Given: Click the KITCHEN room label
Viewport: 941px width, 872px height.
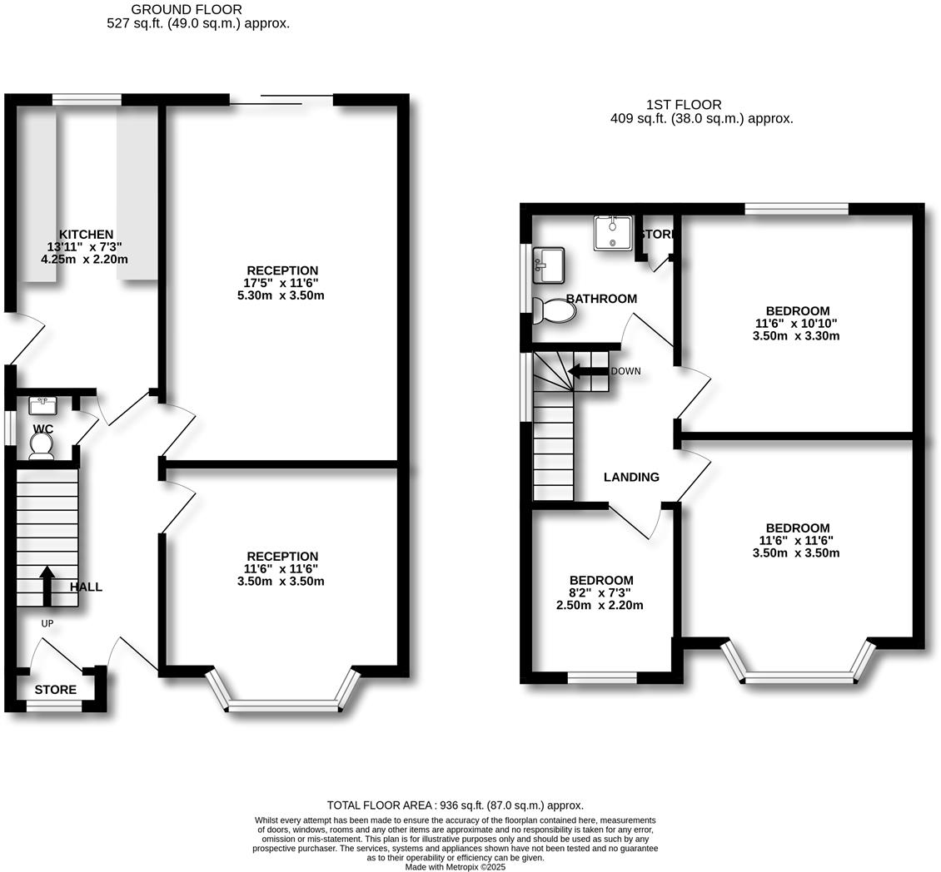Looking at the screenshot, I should pos(86,235).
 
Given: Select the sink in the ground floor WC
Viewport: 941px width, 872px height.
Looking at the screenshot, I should pos(42,406).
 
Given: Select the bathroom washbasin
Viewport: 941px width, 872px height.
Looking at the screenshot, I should pos(549,263).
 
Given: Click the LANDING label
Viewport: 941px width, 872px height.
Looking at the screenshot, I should pos(631,477).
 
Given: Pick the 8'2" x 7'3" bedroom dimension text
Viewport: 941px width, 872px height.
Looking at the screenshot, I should pos(600,592).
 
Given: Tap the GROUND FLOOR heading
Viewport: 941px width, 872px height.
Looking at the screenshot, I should pos(187,10).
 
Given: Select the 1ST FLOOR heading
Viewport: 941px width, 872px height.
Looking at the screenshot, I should pos(684,105).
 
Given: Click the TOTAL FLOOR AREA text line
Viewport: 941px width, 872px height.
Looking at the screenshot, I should pos(455,805).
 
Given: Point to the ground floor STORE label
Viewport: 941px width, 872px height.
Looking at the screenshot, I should pos(55,690).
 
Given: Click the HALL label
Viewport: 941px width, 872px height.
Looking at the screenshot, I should pos(86,587).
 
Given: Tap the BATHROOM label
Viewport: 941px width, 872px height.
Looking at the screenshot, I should pos(601,299).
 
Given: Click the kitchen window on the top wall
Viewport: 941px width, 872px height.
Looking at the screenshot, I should pos(87,100).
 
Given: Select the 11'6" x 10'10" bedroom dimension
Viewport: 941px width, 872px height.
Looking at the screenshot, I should pos(795,324).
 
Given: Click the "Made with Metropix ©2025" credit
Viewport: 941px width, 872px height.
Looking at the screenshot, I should pos(455,866).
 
